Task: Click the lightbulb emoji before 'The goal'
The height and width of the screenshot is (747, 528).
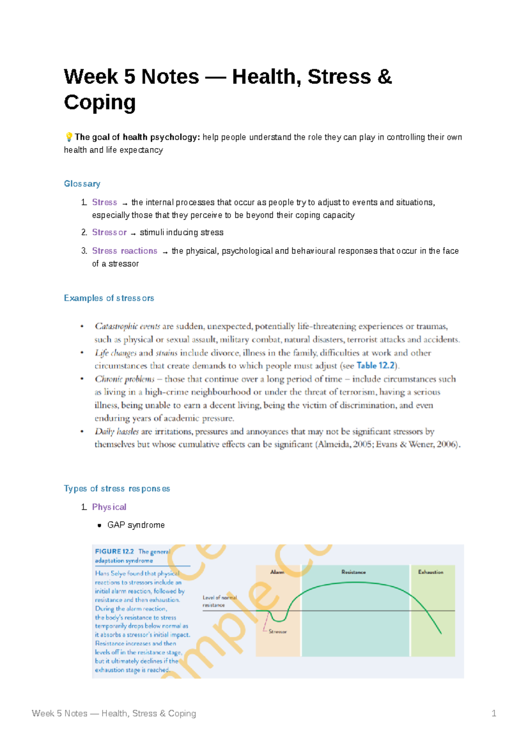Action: [x=69, y=137]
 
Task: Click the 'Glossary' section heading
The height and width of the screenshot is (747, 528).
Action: [x=82, y=183]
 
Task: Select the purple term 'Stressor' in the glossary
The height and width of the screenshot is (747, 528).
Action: [x=109, y=232]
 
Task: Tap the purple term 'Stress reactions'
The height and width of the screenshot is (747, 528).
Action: [x=125, y=251]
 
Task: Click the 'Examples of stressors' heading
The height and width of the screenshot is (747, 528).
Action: [x=109, y=298]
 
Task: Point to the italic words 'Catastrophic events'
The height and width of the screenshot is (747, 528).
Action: [x=127, y=326]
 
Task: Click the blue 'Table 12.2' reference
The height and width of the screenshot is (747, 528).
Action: [x=376, y=366]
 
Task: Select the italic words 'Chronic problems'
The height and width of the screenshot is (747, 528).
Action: [x=125, y=379]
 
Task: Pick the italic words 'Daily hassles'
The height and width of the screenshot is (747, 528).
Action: [x=117, y=432]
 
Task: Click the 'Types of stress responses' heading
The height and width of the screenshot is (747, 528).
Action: [x=117, y=489]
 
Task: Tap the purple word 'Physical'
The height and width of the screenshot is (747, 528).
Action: [x=109, y=507]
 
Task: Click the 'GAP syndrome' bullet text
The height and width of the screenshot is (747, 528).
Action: [x=136, y=525]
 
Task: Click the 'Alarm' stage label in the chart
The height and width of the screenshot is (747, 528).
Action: [x=277, y=572]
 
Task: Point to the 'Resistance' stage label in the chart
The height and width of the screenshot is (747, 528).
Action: [x=353, y=572]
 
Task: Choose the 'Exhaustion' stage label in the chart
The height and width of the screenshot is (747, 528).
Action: [x=430, y=572]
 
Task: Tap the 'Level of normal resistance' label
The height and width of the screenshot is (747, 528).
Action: [x=219, y=601]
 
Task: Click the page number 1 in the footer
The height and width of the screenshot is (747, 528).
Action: [x=494, y=714]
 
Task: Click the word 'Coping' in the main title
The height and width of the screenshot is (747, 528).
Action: [x=100, y=103]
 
